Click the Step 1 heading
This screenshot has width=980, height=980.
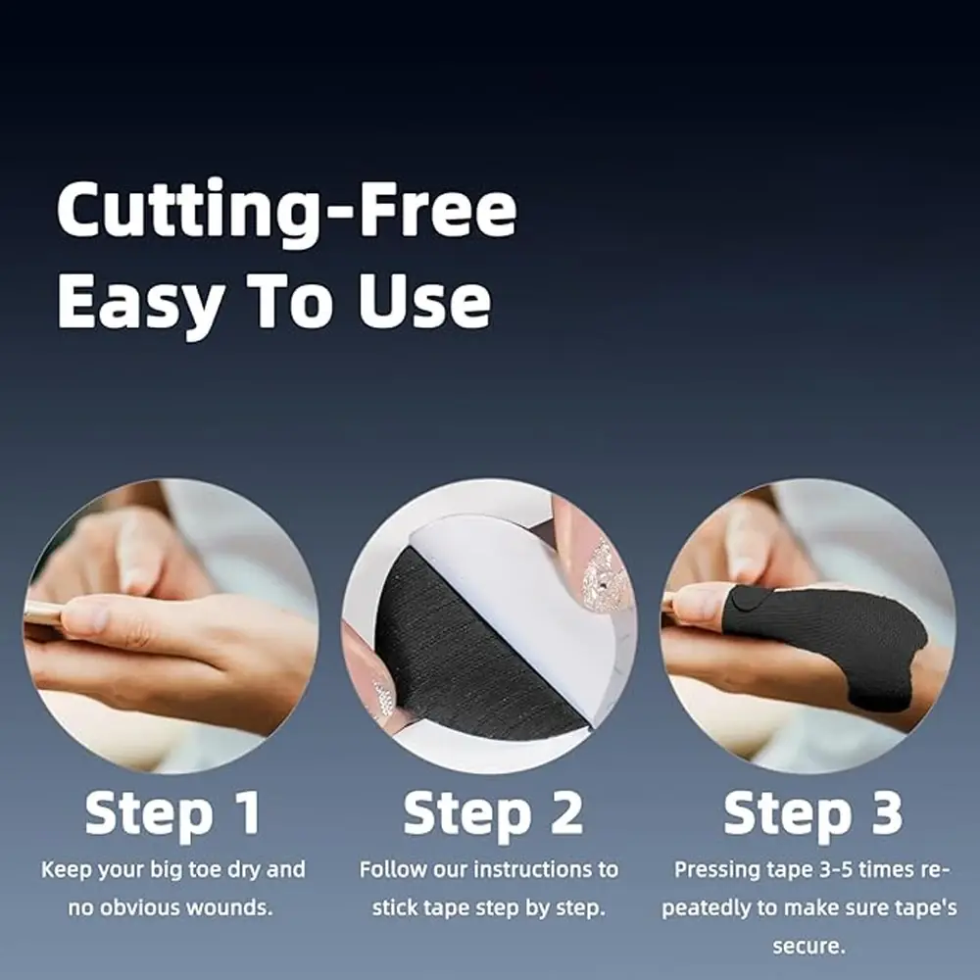[x=173, y=813]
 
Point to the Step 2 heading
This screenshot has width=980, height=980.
[x=493, y=813]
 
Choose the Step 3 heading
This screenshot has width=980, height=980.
[x=813, y=813]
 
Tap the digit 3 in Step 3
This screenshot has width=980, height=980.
[x=887, y=811]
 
